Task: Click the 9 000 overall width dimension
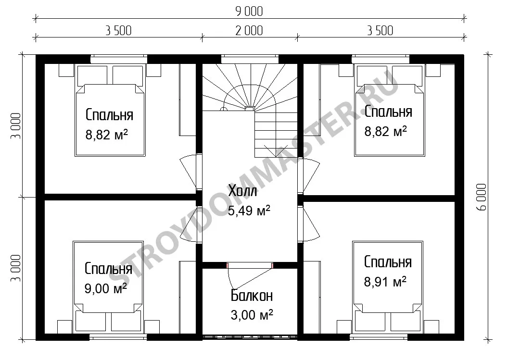pyautogui.click(x=249, y=12)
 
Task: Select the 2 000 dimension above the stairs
pyautogui.click(x=249, y=31)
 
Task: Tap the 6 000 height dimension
pyautogui.click(x=482, y=197)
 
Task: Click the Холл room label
pyautogui.click(x=242, y=191)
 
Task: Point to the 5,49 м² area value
pyautogui.click(x=249, y=211)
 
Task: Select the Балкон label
pyautogui.click(x=252, y=296)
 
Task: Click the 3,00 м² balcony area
pyautogui.click(x=252, y=315)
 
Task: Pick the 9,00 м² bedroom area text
pyautogui.click(x=106, y=288)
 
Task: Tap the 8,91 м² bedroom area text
pyautogui.click(x=385, y=282)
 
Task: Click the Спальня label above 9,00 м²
pyautogui.click(x=108, y=269)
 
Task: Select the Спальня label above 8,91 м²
pyautogui.click(x=388, y=262)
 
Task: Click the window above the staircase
pyautogui.click(x=250, y=59)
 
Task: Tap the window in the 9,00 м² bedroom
pyautogui.click(x=118, y=337)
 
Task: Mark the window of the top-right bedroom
pyautogui.click(x=380, y=59)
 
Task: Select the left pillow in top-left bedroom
pyautogui.click(x=92, y=75)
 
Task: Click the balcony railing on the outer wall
pyautogui.click(x=250, y=337)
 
